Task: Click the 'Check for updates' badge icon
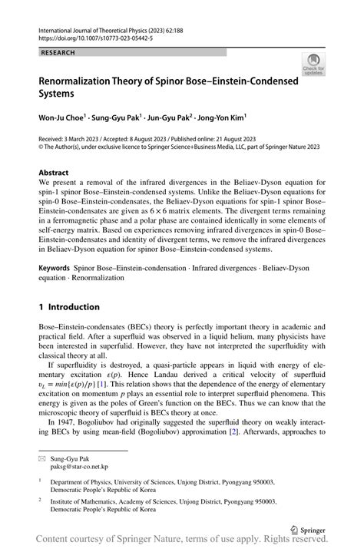coord(313,64)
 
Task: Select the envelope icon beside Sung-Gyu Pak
coord(43,457)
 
